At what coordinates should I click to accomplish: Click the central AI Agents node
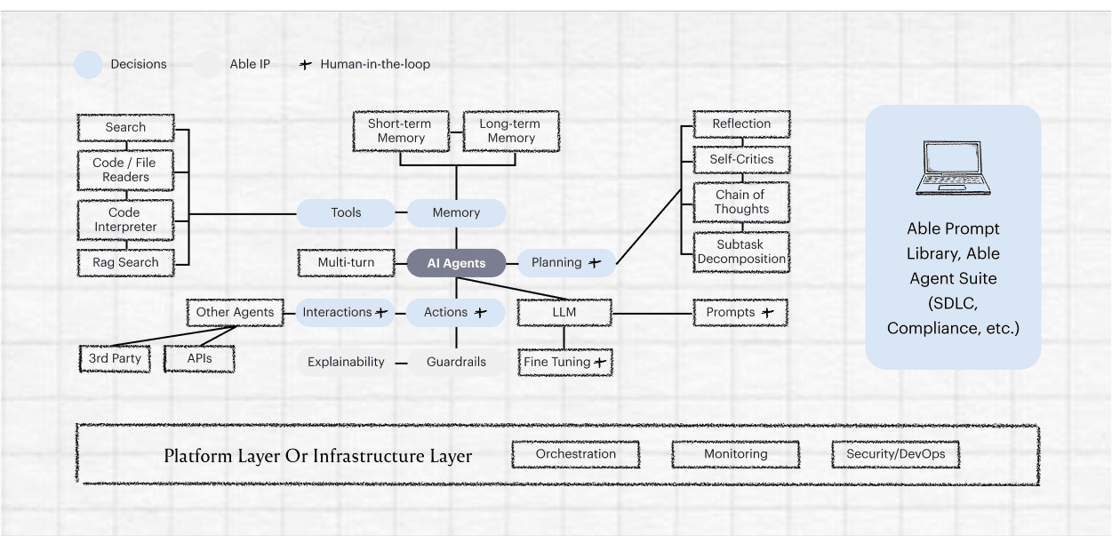[x=456, y=263]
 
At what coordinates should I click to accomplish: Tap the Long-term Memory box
[x=511, y=131]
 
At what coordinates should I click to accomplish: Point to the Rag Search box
[x=125, y=263]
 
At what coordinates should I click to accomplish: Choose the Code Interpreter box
[x=125, y=220]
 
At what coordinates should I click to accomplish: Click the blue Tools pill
[x=346, y=212]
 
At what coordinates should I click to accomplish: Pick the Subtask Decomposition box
[x=741, y=252]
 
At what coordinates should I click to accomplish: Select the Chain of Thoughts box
[x=741, y=202]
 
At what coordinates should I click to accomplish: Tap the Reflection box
[x=741, y=124]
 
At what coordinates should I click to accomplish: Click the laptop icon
[x=953, y=168]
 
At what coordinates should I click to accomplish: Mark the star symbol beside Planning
[x=595, y=263]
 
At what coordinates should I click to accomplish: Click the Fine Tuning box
[x=565, y=363]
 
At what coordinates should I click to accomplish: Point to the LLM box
[x=564, y=313]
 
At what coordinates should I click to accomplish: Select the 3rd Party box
[x=115, y=359]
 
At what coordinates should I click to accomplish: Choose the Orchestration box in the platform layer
[x=575, y=454]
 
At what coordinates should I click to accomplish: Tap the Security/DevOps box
[x=895, y=454]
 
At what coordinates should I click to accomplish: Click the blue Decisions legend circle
[x=89, y=64]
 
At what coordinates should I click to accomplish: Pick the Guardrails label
[x=456, y=363]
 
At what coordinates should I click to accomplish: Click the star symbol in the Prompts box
[x=768, y=313]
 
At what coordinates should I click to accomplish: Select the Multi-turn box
[x=346, y=263]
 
